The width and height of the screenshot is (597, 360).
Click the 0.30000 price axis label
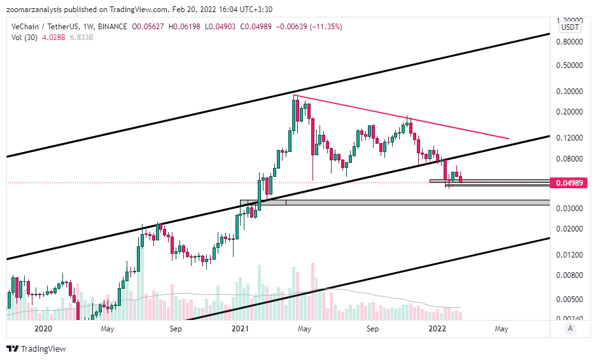(570, 91)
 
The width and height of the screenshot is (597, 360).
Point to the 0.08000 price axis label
(570, 159)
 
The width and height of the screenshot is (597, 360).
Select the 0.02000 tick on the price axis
(570, 229)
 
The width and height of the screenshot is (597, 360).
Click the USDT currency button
(569, 27)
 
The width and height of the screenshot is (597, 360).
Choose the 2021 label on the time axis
(240, 329)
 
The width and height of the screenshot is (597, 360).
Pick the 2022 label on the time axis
(437, 329)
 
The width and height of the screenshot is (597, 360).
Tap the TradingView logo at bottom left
(36, 349)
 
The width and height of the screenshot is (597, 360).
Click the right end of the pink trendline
(509, 138)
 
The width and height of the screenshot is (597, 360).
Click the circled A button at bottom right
(571, 328)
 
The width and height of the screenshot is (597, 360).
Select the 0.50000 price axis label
(570, 66)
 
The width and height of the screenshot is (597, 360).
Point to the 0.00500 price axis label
(570, 299)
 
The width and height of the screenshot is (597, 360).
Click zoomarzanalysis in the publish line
(36, 10)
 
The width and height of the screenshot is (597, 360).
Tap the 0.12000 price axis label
(570, 138)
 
